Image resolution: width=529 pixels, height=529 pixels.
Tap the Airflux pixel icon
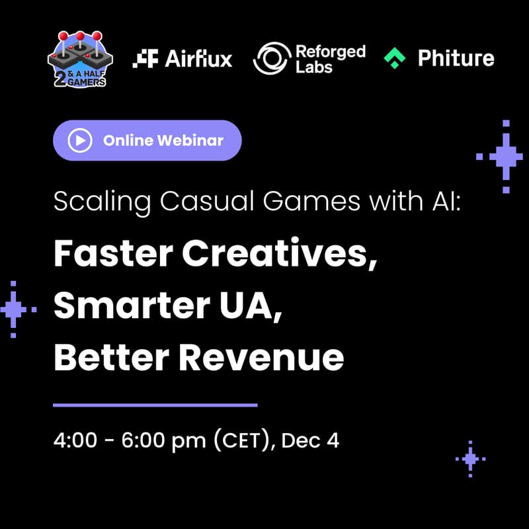click(x=145, y=59)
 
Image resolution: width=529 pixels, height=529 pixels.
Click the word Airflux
click(x=198, y=59)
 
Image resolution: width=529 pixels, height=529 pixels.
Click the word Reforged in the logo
click(x=330, y=51)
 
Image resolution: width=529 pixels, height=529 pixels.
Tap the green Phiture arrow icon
click(x=395, y=59)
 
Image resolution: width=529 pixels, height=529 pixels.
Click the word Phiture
click(x=456, y=59)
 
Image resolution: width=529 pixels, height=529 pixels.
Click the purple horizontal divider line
click(x=155, y=405)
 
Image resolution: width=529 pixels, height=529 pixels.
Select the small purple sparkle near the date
click(x=470, y=458)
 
